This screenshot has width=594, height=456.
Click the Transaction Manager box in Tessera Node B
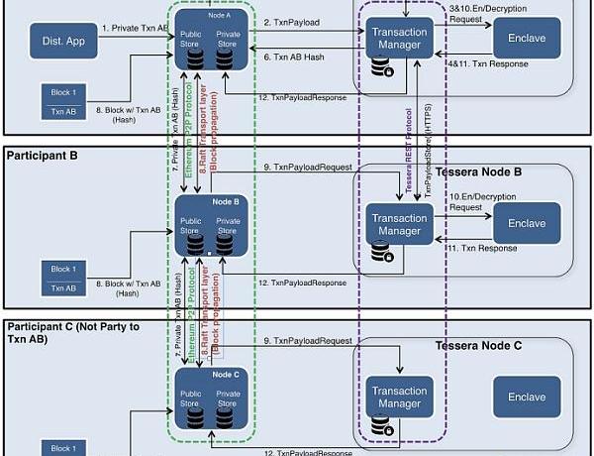click(x=398, y=224)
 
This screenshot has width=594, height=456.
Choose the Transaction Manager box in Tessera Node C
click(x=398, y=396)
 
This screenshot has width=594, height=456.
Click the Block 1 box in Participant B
click(x=62, y=278)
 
